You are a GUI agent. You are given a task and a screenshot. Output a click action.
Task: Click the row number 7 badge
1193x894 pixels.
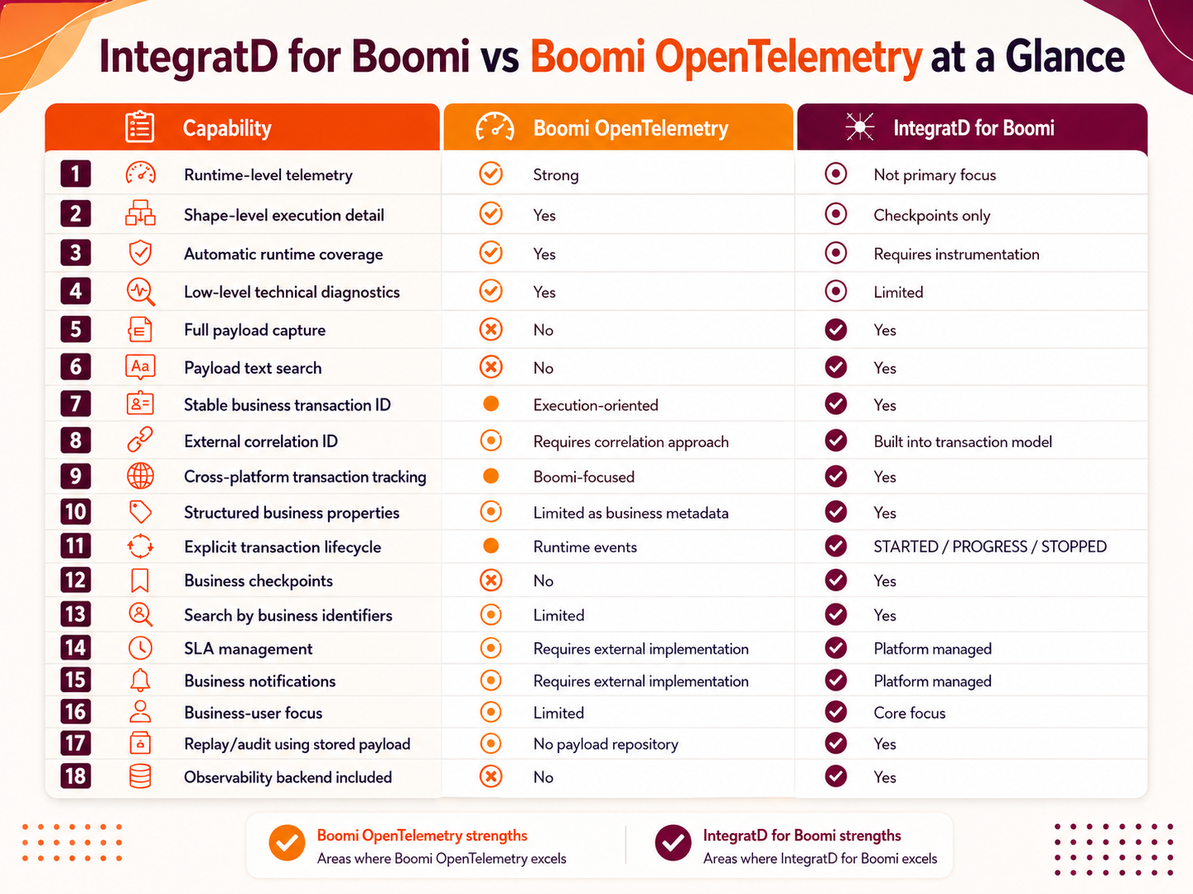click(x=76, y=404)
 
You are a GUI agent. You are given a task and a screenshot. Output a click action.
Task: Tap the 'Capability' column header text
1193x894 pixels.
click(x=227, y=128)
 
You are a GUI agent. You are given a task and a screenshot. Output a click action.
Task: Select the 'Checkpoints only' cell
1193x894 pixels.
click(x=932, y=216)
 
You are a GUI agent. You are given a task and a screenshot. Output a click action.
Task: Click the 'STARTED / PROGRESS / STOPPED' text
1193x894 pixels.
click(x=989, y=547)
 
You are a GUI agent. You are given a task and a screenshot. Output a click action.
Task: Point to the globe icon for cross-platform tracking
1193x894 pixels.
click(x=140, y=477)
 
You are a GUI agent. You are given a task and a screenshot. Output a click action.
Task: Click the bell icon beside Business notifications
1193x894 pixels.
click(x=140, y=680)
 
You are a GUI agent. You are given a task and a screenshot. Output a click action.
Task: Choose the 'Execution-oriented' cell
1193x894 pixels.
click(x=596, y=406)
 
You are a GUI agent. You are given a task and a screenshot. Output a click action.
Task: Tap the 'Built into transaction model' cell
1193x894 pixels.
click(x=962, y=442)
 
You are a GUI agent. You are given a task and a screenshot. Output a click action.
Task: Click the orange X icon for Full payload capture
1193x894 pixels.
click(x=491, y=329)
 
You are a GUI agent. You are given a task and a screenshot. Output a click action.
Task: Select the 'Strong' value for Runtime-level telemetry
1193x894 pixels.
click(x=555, y=175)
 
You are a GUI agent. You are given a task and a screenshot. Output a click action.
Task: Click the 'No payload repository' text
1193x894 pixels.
click(x=606, y=744)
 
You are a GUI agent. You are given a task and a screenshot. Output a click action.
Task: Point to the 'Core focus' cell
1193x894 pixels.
click(x=910, y=713)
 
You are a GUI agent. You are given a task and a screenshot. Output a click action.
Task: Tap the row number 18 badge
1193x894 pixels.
click(x=76, y=776)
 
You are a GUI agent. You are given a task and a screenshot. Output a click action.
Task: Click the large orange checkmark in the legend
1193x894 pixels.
click(x=287, y=843)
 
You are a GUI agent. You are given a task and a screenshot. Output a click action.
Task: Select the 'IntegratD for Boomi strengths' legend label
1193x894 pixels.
click(x=802, y=836)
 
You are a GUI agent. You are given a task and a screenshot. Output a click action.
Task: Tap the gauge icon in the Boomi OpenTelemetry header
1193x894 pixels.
click(x=494, y=128)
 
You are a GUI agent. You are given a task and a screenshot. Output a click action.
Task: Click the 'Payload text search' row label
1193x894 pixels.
click(x=253, y=368)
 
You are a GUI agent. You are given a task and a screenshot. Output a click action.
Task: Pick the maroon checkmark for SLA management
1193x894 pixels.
click(x=836, y=648)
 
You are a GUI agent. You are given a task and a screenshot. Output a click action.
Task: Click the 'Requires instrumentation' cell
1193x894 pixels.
click(x=956, y=254)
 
